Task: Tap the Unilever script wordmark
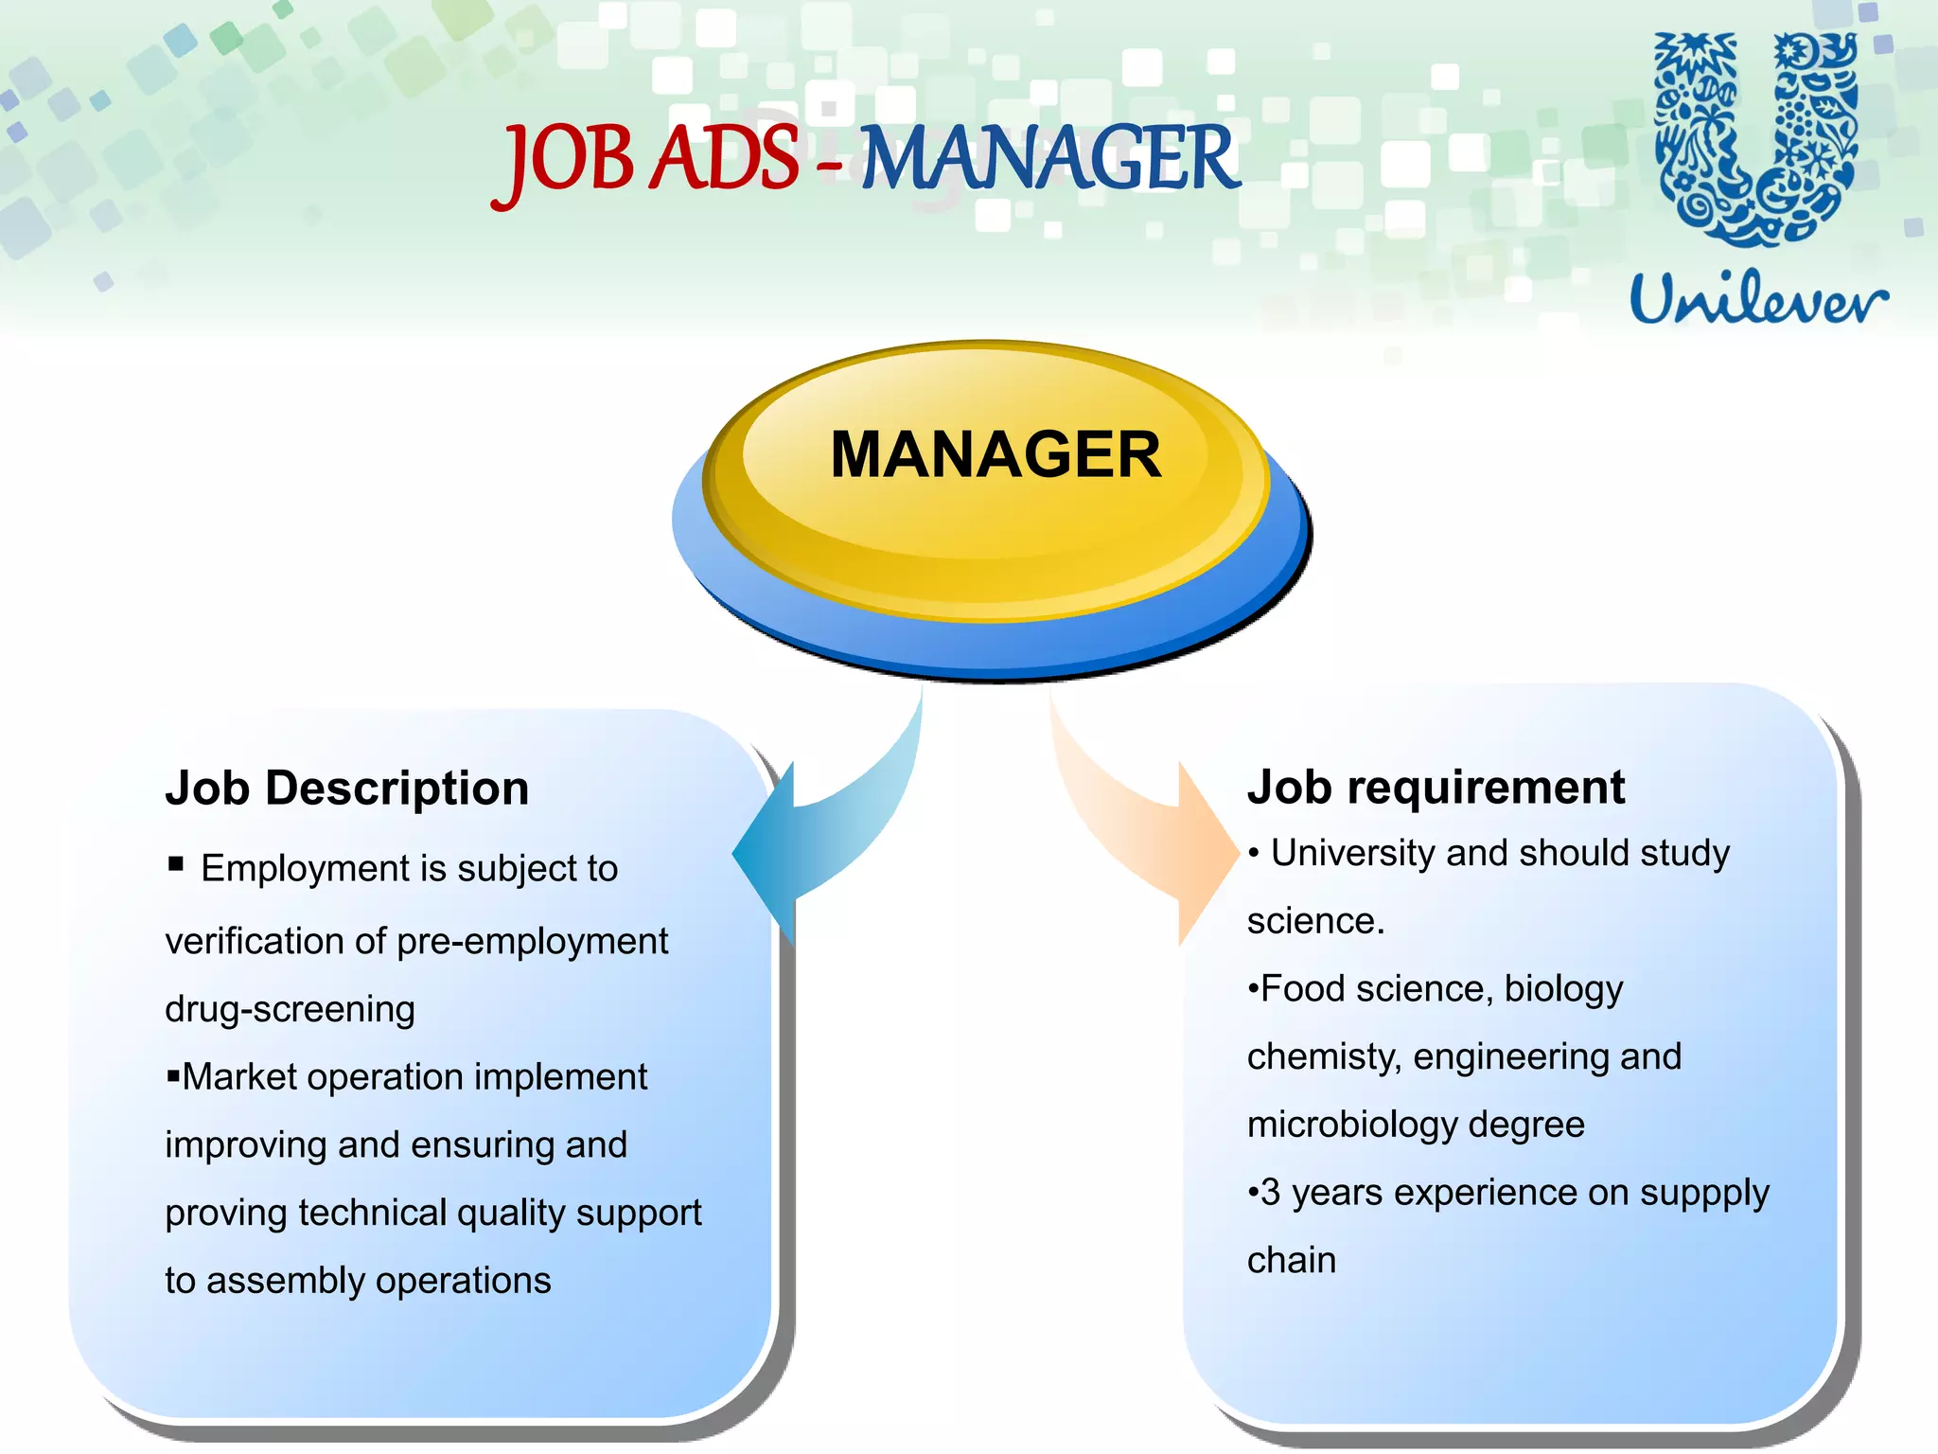tap(1758, 298)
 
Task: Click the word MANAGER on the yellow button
tap(995, 455)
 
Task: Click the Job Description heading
tap(346, 788)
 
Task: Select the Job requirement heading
tap(1436, 787)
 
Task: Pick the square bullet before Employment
tap(175, 863)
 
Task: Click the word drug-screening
tap(290, 1009)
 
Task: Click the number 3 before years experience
tap(1271, 1193)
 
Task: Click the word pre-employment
tap(532, 942)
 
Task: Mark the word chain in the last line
tap(1291, 1261)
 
